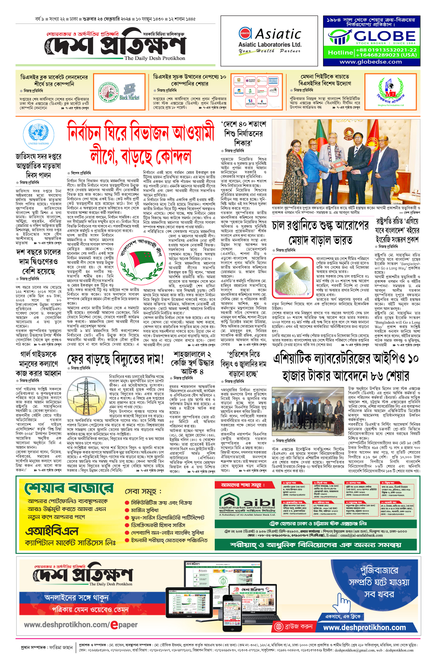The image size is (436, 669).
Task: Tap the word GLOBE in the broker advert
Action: (x=384, y=36)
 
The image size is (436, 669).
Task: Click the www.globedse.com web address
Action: (x=371, y=62)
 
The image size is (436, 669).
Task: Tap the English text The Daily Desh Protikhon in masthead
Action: (x=154, y=58)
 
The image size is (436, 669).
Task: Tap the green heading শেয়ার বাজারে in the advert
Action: (x=69, y=489)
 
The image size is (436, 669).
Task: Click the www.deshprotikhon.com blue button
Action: (x=364, y=628)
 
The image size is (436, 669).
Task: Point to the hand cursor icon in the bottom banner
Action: (x=343, y=603)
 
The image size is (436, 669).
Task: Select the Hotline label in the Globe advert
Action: (x=340, y=53)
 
